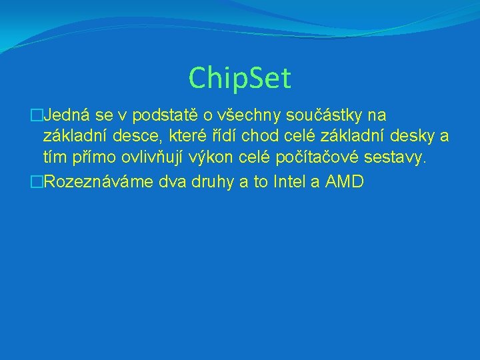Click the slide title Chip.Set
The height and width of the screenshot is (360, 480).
(240, 78)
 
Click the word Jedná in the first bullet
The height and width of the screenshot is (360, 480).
(64, 116)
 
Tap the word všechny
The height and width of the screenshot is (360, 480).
(260, 116)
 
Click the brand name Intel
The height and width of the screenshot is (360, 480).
(289, 181)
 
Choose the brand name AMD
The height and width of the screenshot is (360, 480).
(344, 181)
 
